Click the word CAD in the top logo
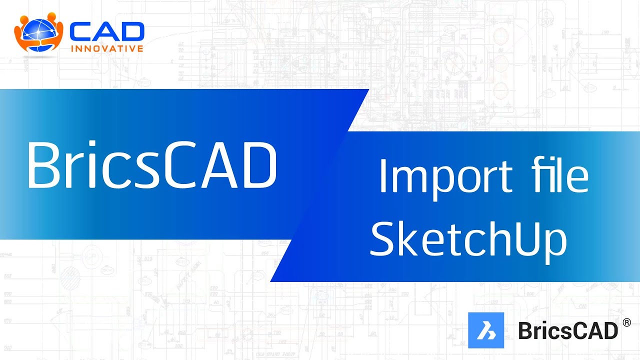click(x=106, y=32)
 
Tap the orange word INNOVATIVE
click(x=107, y=49)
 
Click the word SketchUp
click(x=468, y=239)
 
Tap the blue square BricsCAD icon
click(x=485, y=330)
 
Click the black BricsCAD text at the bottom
click(x=568, y=330)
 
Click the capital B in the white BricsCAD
click(x=44, y=164)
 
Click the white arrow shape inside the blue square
click(x=485, y=330)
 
